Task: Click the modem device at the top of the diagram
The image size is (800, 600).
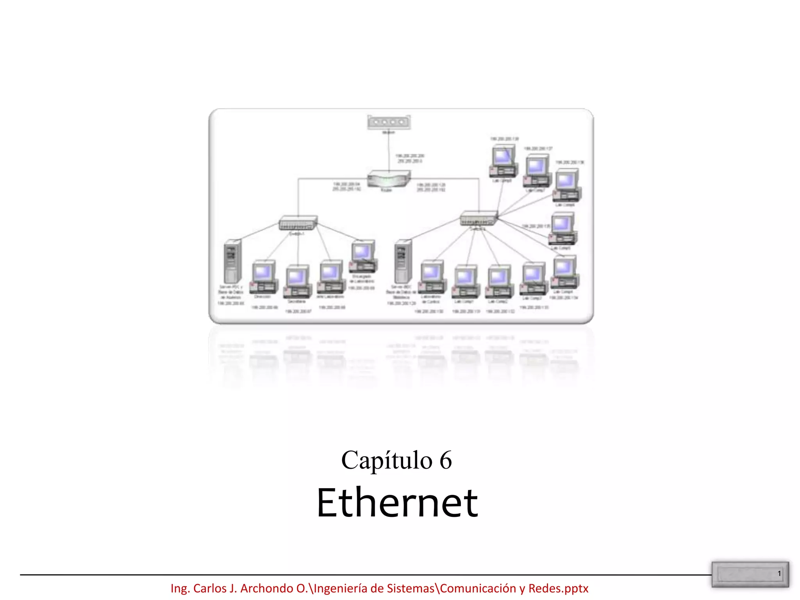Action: (x=389, y=122)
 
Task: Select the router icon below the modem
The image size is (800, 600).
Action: (x=388, y=179)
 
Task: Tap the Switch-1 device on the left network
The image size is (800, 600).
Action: (x=298, y=223)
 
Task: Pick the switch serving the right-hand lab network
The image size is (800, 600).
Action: (x=479, y=218)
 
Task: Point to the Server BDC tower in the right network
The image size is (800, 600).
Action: (x=402, y=261)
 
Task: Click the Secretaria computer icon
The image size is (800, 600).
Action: (x=298, y=281)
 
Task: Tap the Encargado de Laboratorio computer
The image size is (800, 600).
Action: (x=363, y=256)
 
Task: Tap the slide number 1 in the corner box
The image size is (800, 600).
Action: (x=779, y=573)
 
